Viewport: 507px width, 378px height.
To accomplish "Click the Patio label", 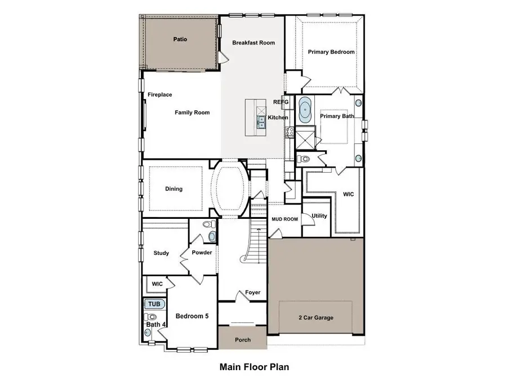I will click(x=180, y=39).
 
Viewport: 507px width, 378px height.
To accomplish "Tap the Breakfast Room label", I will click(x=253, y=43).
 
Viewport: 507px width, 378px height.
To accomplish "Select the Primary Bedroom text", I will click(x=331, y=52).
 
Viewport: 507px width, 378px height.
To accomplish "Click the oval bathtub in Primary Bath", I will click(x=305, y=110).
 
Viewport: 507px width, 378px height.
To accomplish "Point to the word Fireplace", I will click(x=160, y=94).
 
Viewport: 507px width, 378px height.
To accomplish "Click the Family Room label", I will click(x=192, y=112).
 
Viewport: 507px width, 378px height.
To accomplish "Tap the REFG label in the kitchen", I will click(x=281, y=102).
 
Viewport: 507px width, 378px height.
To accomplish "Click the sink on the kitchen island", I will click(x=261, y=122).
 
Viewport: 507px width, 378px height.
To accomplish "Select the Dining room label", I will click(x=174, y=189).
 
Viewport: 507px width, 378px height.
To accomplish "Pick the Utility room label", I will click(x=319, y=216).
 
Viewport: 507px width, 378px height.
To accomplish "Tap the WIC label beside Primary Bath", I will click(x=348, y=194).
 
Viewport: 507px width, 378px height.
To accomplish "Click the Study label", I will click(x=161, y=253).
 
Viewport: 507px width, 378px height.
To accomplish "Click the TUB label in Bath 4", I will click(x=154, y=304).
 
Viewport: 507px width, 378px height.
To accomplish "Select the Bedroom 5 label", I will click(x=192, y=316).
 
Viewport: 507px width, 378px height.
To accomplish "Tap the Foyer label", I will click(x=252, y=292).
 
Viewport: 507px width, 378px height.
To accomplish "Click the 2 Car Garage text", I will click(x=315, y=318).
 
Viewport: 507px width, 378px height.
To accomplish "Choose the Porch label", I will click(x=242, y=340).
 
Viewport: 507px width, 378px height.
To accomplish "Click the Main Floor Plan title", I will click(x=254, y=367).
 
